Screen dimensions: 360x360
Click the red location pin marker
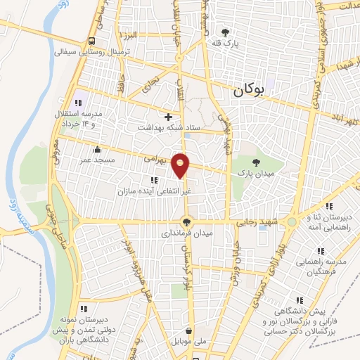[x=181, y=165]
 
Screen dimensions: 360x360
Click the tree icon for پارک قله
[x=225, y=32]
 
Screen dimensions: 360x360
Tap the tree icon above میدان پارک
[x=245, y=162]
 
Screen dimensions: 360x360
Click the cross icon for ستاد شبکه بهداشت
[x=167, y=117]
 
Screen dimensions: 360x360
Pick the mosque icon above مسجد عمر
[x=96, y=149]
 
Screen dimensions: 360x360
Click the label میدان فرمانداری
[x=187, y=232]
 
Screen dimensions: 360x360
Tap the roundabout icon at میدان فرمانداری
[x=187, y=221]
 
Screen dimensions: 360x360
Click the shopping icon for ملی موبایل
[x=188, y=331]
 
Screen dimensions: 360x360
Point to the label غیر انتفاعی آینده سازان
[x=155, y=190]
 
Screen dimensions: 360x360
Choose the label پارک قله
[x=224, y=43]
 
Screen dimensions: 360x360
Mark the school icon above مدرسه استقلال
[x=78, y=103]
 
